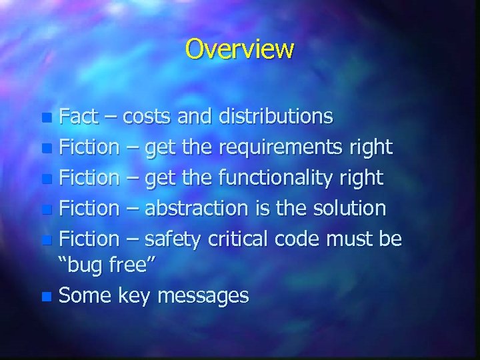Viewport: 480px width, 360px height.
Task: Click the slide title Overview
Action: [x=239, y=49]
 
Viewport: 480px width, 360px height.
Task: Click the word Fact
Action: [x=79, y=117]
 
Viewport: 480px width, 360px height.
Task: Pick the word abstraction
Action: [x=196, y=209]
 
